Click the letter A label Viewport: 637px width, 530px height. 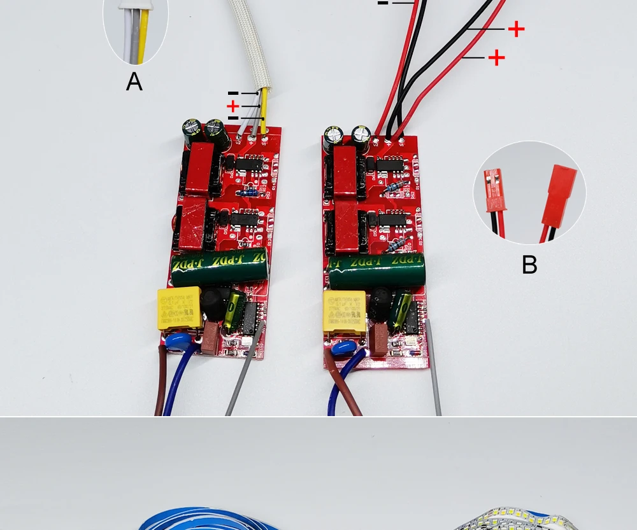coord(134,82)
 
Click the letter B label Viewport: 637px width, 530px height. coord(529,265)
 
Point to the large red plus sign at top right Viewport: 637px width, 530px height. coord(516,29)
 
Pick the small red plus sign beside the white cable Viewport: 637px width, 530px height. coord(233,106)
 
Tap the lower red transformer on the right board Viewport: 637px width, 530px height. coord(348,227)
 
